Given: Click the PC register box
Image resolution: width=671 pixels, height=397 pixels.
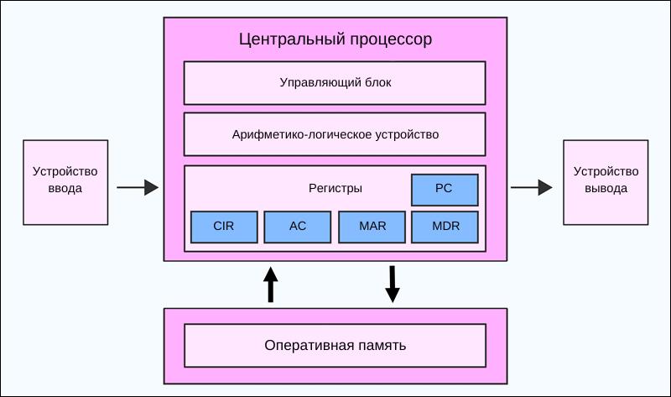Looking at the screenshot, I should coord(444,190).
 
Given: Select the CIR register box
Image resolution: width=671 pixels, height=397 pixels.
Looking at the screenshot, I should coord(223,227).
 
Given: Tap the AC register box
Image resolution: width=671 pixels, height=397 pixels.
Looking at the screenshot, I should coord(297,227).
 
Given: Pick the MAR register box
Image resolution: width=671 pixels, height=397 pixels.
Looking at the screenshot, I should coord(371,227).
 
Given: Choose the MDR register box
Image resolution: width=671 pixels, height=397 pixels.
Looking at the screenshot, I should coord(444,227).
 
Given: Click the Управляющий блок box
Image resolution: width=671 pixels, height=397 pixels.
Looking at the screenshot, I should coord(335,83).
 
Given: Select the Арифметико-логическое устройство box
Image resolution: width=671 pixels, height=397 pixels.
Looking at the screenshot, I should coord(335,134).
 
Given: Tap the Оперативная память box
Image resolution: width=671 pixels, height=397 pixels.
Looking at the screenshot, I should coord(335,346).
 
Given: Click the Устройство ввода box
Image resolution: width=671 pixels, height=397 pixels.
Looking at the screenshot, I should coord(65,181).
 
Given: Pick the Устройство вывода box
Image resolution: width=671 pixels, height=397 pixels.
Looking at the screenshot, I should coord(606,181).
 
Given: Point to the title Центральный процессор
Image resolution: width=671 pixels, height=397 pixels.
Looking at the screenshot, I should coord(335,39).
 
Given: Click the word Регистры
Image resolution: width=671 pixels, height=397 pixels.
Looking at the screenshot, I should coord(335,189).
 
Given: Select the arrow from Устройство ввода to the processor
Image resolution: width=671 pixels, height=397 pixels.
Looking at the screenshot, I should coord(137,188).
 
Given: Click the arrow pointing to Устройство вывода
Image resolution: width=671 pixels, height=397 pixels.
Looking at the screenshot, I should coord(532,188).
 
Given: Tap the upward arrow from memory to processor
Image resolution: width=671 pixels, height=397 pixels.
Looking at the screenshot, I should coord(270,285).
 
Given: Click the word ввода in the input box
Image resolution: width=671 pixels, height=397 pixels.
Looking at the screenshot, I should coord(65,189).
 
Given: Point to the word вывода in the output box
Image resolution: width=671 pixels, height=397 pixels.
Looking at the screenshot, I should coord(606,189).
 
